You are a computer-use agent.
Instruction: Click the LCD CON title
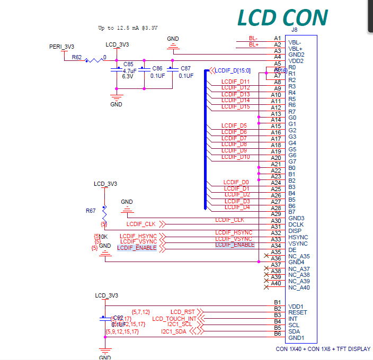click(282, 17)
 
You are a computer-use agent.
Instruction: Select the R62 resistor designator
click(77, 57)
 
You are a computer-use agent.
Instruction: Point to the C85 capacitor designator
click(128, 64)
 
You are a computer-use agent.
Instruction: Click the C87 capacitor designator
click(185, 68)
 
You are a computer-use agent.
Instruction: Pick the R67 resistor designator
click(91, 210)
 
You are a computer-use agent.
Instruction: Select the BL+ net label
click(254, 45)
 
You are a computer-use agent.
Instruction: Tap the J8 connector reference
click(295, 30)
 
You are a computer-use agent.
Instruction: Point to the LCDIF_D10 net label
click(236, 157)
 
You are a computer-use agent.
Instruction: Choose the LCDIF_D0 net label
click(236, 182)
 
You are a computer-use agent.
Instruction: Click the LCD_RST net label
click(183, 312)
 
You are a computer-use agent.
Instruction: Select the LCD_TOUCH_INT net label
click(174, 319)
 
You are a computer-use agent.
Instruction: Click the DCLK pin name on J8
click(296, 224)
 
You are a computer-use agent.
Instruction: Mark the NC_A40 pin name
click(299, 287)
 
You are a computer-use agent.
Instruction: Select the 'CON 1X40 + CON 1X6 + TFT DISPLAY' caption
click(323, 349)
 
